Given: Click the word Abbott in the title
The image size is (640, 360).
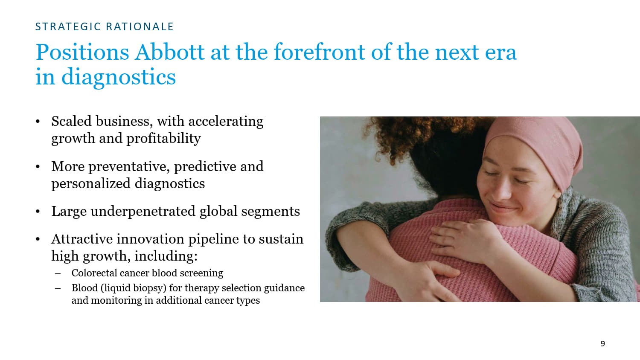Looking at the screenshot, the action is pyautogui.click(x=170, y=52).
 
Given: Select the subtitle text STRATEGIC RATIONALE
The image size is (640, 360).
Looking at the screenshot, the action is pyautogui.click(x=104, y=26).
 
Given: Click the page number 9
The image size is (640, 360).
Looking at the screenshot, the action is pyautogui.click(x=603, y=343).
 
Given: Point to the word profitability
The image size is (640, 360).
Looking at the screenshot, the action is pyautogui.click(x=163, y=139).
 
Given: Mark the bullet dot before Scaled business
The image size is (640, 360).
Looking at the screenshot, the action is pyautogui.click(x=38, y=122).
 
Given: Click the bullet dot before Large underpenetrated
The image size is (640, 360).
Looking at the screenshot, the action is pyautogui.click(x=38, y=212).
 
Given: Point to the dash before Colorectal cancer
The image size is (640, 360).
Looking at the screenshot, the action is pyautogui.click(x=58, y=274).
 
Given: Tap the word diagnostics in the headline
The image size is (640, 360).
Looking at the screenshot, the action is pyautogui.click(x=119, y=77).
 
